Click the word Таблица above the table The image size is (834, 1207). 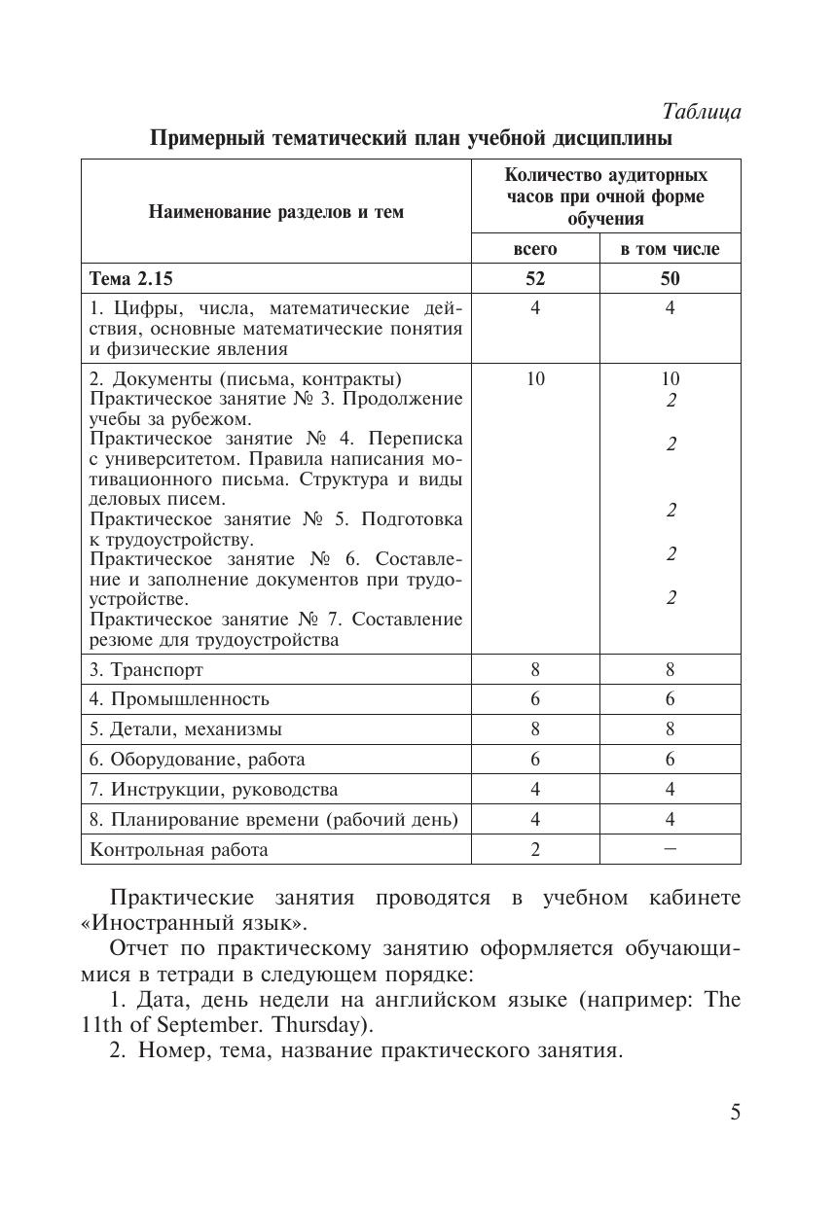pos(702,112)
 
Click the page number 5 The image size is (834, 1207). pos(735,1113)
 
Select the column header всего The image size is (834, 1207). pos(535,249)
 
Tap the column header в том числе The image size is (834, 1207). pos(670,249)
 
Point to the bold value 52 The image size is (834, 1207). pos(535,279)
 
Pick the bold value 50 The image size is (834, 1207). pos(670,279)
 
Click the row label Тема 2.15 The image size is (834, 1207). pos(130,279)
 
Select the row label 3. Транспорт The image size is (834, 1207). pos(146,670)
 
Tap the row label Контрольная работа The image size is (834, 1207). pos(178,850)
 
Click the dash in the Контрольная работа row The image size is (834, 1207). pos(670,849)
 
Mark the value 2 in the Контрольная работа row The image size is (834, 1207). pos(535,850)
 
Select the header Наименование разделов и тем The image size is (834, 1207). pos(275,211)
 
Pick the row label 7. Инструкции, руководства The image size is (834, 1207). pos(213,790)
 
